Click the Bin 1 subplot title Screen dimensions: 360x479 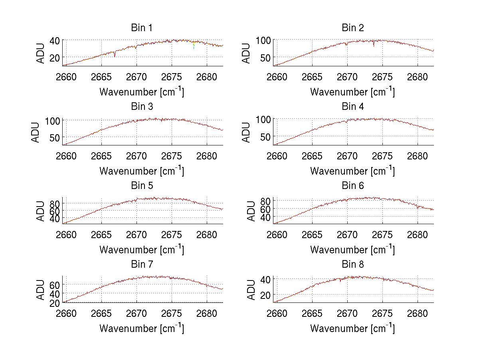(142, 28)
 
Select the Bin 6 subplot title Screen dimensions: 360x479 (353, 186)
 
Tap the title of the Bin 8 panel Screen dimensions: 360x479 (353, 265)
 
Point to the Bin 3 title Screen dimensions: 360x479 (142, 107)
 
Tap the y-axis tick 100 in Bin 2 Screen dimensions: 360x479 (263, 40)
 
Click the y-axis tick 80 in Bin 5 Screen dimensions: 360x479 (54, 203)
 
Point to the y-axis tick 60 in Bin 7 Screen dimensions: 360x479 (54, 284)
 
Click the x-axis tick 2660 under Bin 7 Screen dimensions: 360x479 (66, 313)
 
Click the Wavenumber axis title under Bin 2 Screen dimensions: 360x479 (352, 92)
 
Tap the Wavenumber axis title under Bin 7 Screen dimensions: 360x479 (142, 328)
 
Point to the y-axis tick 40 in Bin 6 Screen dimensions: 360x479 (265, 217)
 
